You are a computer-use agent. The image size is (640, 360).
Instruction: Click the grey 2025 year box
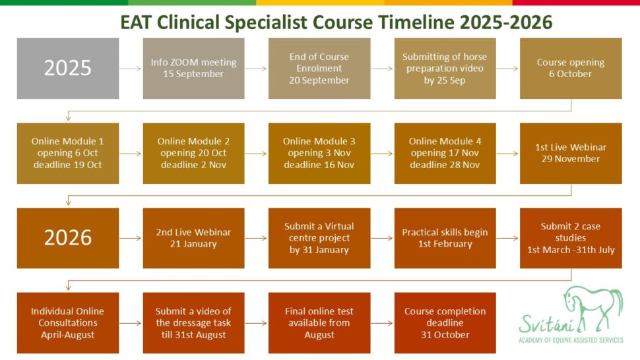point(68,69)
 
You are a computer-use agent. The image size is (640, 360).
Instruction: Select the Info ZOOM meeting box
point(193,69)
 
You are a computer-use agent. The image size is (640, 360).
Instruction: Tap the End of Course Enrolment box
point(319,69)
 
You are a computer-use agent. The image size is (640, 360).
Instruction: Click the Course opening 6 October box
point(571,69)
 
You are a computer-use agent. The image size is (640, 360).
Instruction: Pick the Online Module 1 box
point(68,153)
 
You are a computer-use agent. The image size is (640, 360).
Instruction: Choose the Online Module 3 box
point(319,153)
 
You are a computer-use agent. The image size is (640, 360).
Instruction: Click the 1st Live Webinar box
point(571,153)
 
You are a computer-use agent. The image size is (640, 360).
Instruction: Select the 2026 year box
point(68,238)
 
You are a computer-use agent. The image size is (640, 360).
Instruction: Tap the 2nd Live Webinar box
point(193,238)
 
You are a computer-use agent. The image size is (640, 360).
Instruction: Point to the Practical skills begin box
point(445,238)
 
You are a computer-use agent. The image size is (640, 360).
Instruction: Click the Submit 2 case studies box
point(571,238)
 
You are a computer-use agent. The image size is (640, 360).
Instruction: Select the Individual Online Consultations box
point(68,323)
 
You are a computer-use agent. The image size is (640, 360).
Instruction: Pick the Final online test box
point(319,323)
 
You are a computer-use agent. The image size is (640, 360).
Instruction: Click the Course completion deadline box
point(445,323)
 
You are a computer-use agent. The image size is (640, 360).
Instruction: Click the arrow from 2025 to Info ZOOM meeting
point(131,69)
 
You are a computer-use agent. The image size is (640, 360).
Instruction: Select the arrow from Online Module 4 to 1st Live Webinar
point(508,154)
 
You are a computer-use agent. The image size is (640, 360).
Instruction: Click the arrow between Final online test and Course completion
point(382,323)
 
